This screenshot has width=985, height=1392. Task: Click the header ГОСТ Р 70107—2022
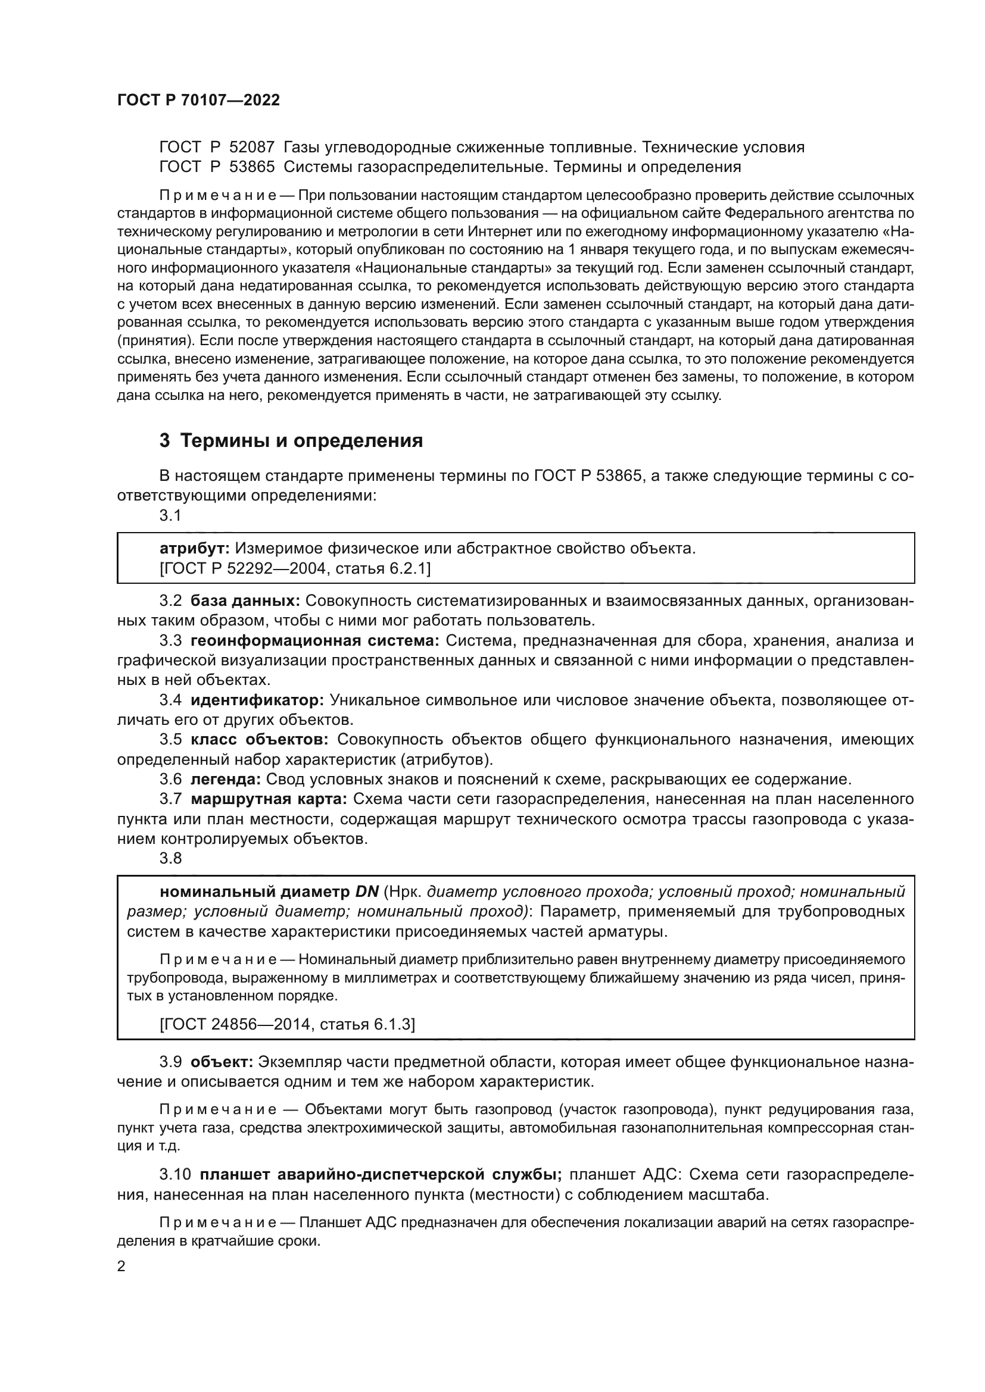pyautogui.click(x=198, y=101)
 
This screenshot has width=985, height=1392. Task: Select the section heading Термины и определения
pyautogui.click(x=301, y=441)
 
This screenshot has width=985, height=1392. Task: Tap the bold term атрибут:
pyautogui.click(x=194, y=549)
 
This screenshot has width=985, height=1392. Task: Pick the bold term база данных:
pyautogui.click(x=245, y=601)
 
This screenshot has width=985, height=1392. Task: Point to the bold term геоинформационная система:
pyautogui.click(x=315, y=641)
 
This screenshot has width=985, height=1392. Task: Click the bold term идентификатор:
pyautogui.click(x=257, y=700)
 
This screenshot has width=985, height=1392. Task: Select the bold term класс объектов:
pyautogui.click(x=260, y=740)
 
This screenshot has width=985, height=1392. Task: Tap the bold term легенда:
pyautogui.click(x=226, y=779)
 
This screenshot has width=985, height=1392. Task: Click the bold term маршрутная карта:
pyautogui.click(x=269, y=799)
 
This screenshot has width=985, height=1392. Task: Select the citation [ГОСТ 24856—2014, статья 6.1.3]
pyautogui.click(x=287, y=1025)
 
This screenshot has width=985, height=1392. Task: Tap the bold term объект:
pyautogui.click(x=222, y=1062)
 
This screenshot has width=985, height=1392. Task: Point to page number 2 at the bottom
pyautogui.click(x=121, y=1266)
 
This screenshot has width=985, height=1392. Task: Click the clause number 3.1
pyautogui.click(x=170, y=515)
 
